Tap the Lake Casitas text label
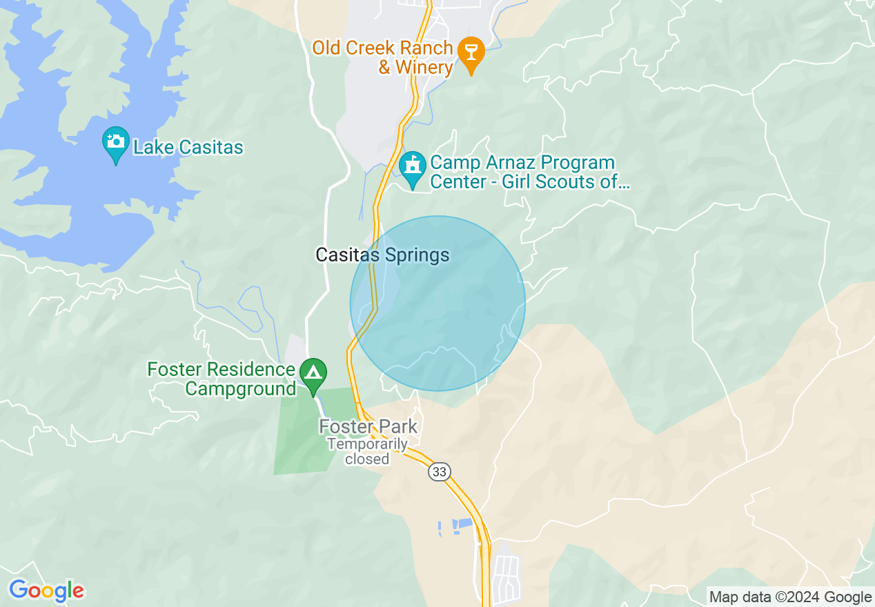[188, 147]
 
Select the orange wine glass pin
[471, 52]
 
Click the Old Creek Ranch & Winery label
[382, 58]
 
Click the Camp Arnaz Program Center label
[522, 172]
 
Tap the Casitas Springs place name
[382, 255]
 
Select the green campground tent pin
[314, 373]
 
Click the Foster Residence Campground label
[222, 379]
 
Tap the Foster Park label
[368, 426]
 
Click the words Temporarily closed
[367, 451]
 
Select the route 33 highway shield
[439, 472]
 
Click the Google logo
[46, 590]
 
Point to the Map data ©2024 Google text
[791, 597]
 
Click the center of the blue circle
[437, 303]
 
